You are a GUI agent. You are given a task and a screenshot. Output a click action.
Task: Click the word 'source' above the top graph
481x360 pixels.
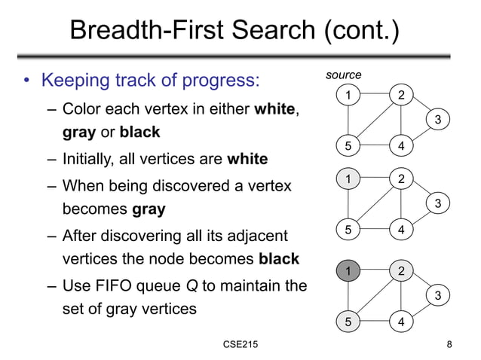[343, 75]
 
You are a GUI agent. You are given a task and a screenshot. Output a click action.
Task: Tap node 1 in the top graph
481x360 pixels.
[348, 95]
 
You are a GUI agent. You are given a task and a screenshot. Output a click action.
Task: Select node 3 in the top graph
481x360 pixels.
[438, 120]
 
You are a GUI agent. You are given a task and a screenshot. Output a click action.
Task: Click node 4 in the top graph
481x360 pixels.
[401, 145]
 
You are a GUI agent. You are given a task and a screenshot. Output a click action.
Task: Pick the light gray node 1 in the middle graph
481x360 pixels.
[348, 179]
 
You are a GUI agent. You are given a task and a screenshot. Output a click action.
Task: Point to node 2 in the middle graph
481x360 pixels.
[401, 179]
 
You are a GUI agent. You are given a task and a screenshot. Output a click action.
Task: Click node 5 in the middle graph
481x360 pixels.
[348, 230]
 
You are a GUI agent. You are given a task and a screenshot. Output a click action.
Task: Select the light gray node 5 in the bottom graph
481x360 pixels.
[348, 322]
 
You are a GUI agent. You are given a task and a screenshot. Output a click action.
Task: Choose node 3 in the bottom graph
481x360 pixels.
[438, 296]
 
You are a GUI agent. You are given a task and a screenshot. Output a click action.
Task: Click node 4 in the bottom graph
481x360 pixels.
[401, 322]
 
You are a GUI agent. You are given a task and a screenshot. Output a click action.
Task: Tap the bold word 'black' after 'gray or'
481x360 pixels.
[139, 133]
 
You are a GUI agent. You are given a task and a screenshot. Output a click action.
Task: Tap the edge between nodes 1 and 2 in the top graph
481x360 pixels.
[374, 95]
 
